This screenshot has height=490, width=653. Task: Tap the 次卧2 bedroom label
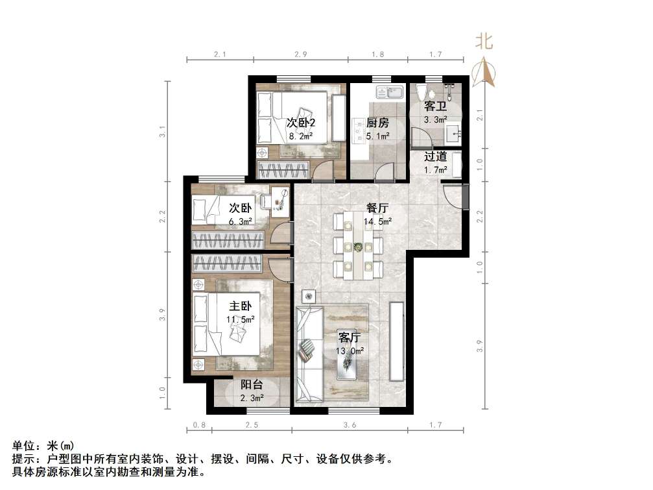click(301, 123)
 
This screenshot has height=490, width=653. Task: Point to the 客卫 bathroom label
click(434, 106)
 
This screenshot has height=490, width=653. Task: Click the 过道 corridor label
click(435, 156)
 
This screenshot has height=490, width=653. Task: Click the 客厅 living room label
click(350, 337)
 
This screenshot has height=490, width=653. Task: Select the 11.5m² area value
click(239, 319)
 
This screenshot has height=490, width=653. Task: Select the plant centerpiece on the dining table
click(357, 247)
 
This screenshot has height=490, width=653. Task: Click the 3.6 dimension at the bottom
click(350, 425)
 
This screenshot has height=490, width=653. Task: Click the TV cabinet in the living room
click(397, 341)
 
